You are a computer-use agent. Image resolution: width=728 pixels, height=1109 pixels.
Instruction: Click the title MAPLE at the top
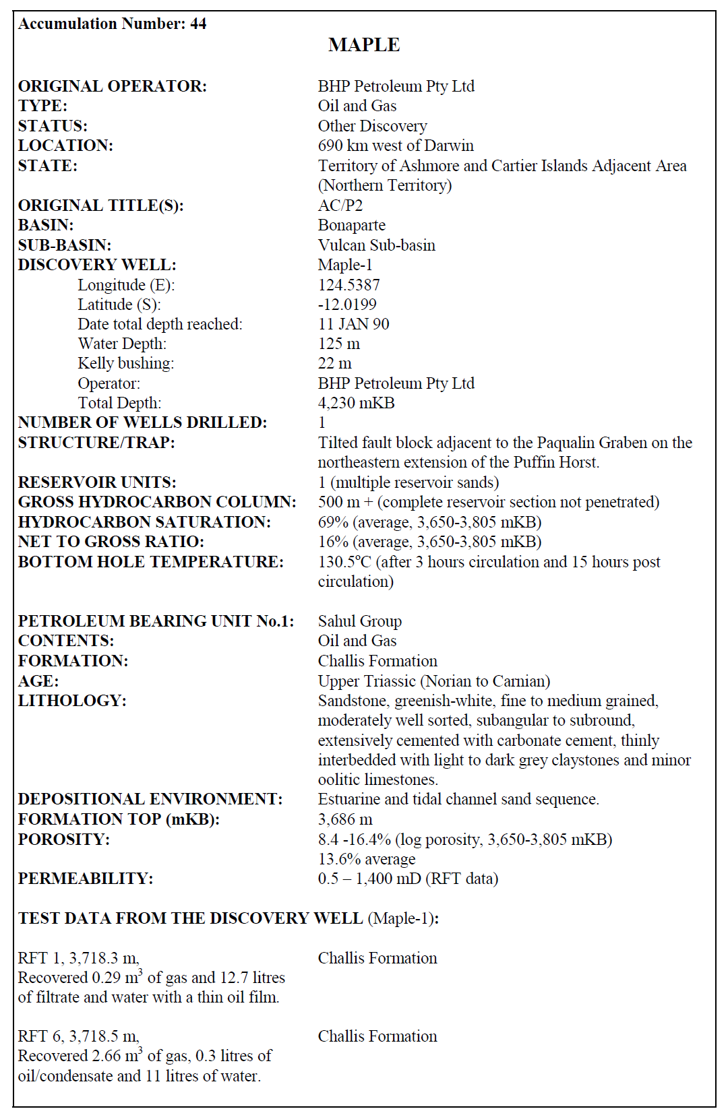363,45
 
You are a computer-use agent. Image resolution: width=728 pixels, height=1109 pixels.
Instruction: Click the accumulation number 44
198,24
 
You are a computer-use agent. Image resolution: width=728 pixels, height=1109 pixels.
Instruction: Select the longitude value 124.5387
348,285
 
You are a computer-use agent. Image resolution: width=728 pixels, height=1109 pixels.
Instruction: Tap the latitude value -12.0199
347,305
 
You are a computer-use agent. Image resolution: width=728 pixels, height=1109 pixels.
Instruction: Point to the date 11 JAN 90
353,324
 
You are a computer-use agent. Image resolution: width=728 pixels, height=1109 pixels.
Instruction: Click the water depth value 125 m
338,344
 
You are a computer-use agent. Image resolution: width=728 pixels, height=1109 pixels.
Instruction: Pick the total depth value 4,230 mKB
356,403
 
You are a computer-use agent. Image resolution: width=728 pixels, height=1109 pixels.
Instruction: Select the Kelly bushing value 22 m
334,363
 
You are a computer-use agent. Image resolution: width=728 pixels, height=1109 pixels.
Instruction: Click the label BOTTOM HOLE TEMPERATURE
150,562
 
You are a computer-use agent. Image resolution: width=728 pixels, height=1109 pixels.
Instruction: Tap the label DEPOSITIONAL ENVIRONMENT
150,799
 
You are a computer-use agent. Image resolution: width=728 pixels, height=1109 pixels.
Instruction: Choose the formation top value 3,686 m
345,819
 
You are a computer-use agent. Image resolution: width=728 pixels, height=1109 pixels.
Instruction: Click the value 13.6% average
367,859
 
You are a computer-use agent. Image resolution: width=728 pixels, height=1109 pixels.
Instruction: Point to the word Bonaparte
352,225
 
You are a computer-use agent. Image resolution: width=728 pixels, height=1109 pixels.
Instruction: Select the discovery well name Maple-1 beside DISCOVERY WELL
345,265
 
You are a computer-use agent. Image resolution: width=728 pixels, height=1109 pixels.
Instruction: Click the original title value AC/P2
340,205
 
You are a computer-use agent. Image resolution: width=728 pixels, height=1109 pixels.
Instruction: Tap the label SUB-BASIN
65,245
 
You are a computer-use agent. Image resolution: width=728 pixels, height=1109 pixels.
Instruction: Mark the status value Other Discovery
372,126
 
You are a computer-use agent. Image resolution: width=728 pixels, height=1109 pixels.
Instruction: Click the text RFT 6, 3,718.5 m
78,1036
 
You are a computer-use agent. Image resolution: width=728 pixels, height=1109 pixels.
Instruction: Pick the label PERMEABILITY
86,879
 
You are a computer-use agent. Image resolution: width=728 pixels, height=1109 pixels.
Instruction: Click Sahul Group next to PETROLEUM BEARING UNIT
360,621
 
